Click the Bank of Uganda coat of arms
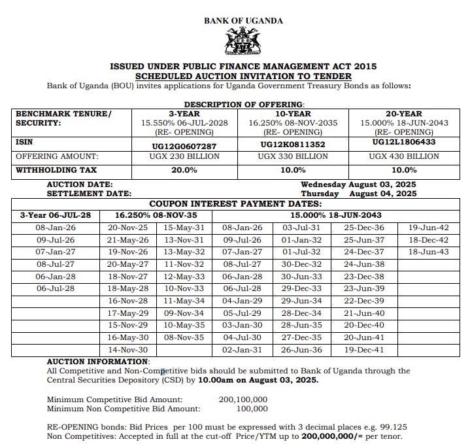243,41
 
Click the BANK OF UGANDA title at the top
243,20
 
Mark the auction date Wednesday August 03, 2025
358,184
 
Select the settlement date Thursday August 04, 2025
358,194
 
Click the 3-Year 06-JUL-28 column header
55,215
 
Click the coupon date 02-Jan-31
242,350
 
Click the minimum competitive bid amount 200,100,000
243,399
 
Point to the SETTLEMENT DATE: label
89,194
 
